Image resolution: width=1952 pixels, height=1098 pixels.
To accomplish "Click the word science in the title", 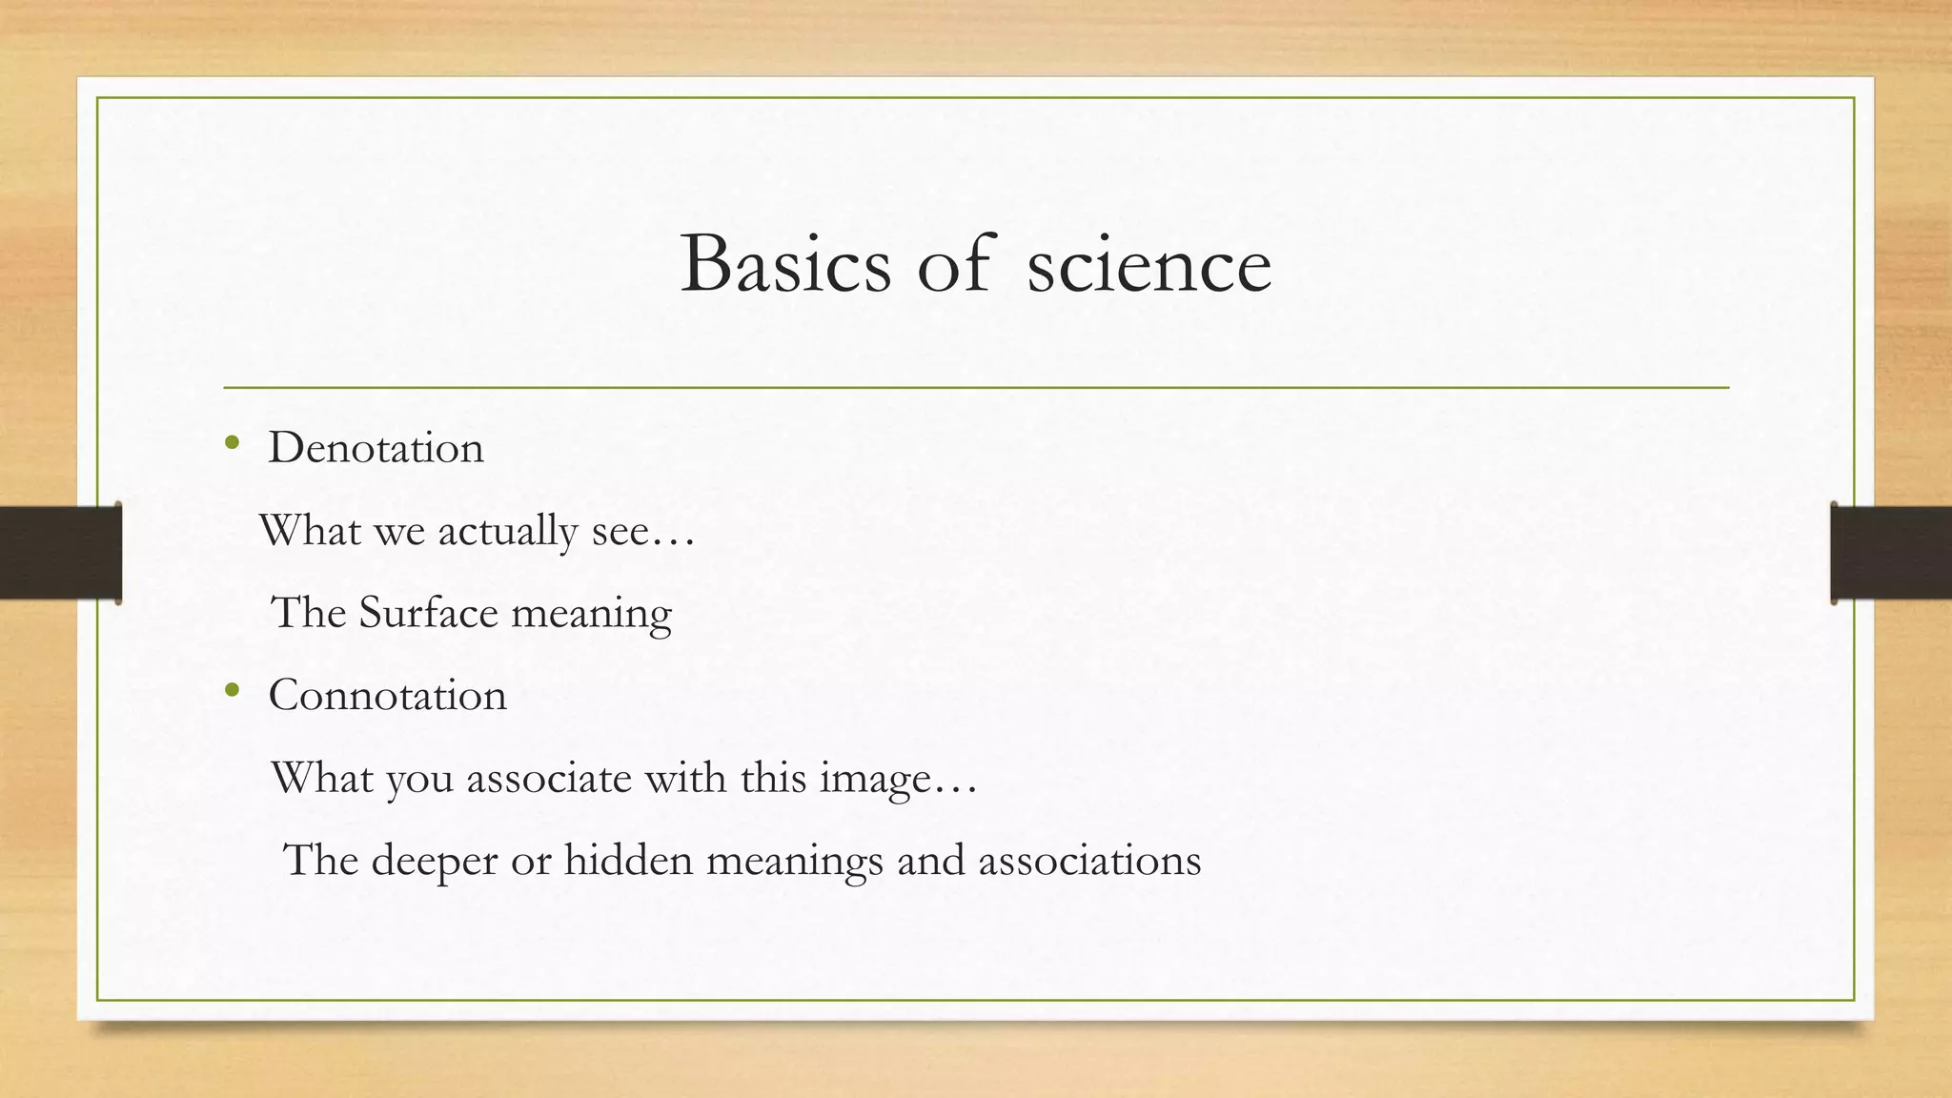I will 1149,265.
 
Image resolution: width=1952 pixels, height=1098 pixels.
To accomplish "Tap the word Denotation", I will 376,448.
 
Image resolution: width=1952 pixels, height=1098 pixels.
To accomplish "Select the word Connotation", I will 387,696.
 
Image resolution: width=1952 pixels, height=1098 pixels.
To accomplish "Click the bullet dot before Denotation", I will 232,442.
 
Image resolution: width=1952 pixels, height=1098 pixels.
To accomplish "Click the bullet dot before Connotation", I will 232,689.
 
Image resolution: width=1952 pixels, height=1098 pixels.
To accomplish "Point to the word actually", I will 507,531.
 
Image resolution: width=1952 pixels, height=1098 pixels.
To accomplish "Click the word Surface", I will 428,613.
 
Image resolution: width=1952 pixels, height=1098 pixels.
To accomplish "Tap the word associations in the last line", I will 1089,861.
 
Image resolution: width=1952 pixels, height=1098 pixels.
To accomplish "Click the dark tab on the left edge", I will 60,553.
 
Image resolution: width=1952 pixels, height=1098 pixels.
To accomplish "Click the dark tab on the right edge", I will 1891,553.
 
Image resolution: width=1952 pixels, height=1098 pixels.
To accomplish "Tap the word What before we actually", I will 310,531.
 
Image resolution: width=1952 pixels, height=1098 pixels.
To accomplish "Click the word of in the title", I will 952,265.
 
